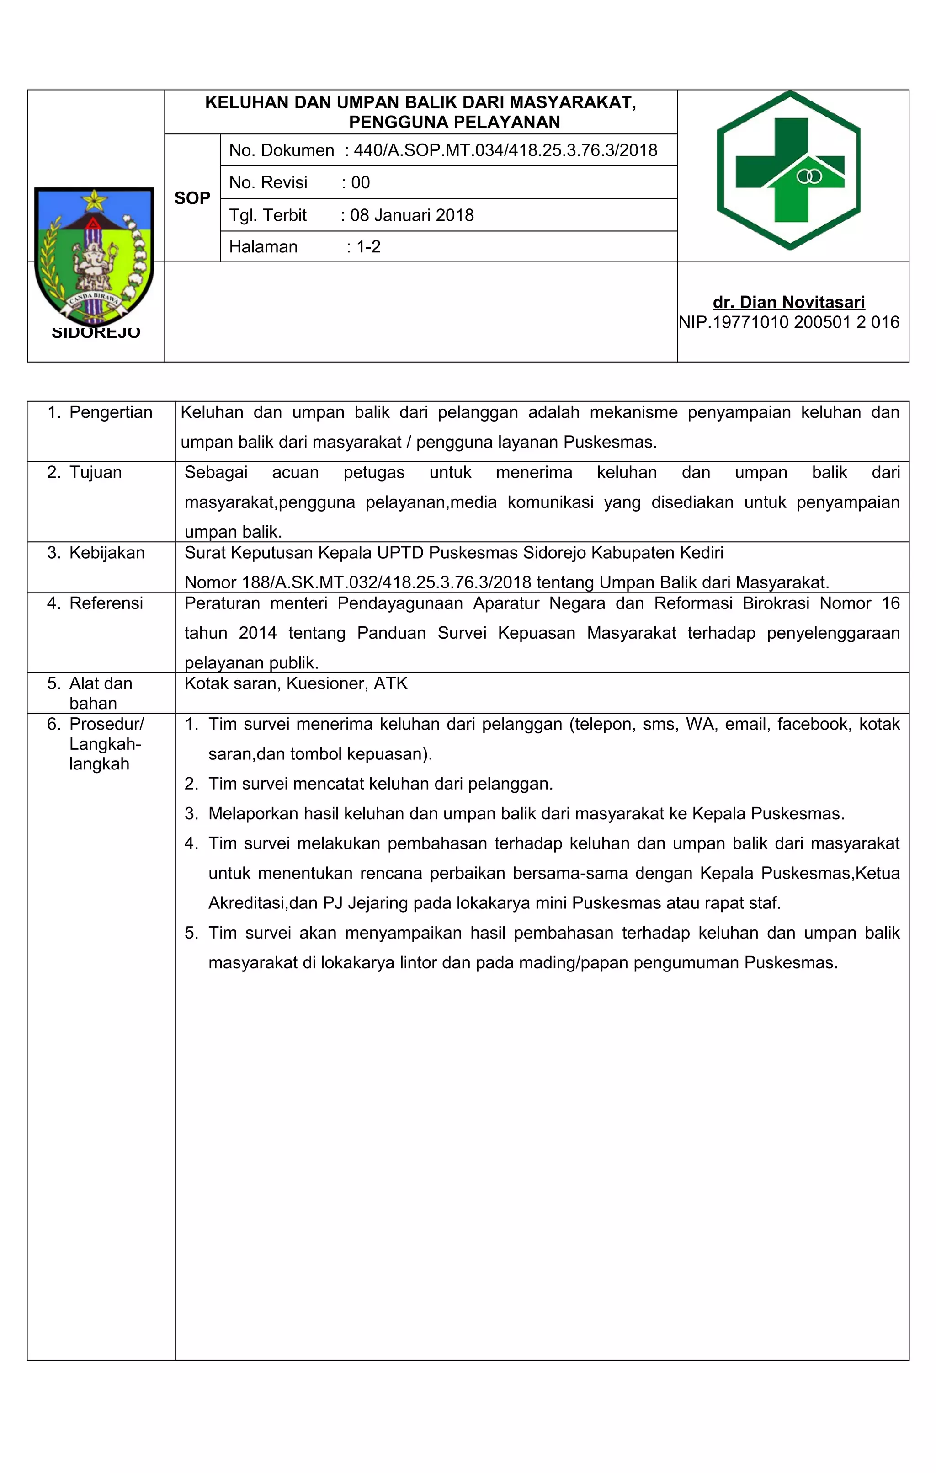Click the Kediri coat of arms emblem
coord(94,257)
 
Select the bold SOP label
coord(192,198)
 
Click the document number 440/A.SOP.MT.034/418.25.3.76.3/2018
coord(505,150)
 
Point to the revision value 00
coord(360,183)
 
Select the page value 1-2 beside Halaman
coord(368,247)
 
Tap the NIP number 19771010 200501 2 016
coord(805,322)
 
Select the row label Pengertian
coord(111,412)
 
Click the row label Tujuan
coord(96,472)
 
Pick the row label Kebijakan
coord(107,553)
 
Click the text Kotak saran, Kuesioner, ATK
coord(296,683)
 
